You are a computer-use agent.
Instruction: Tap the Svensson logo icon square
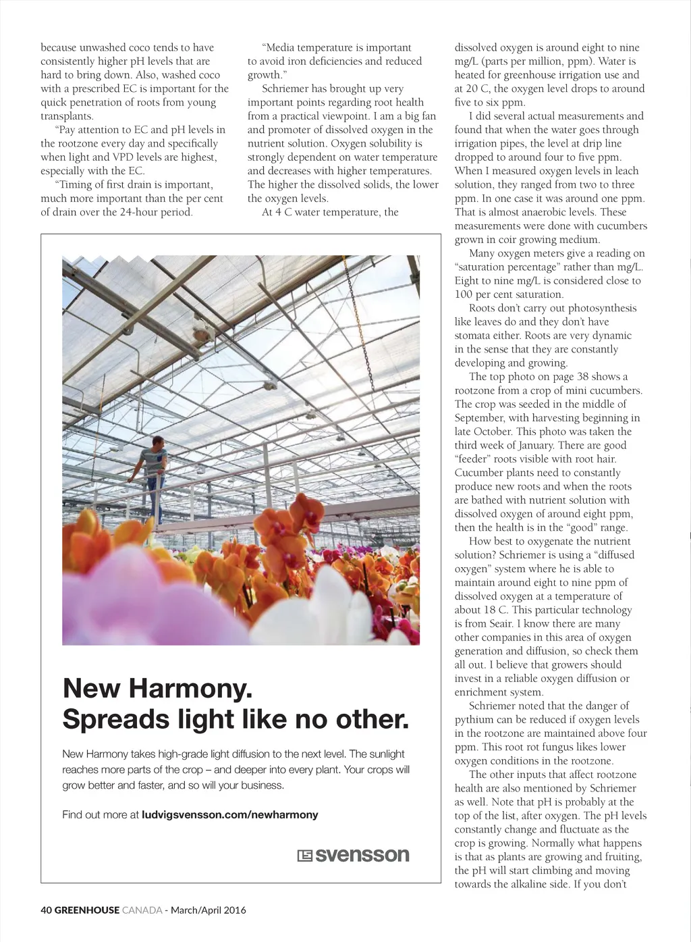[304, 856]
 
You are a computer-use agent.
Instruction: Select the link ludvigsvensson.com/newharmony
[229, 814]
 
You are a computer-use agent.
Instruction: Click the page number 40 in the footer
[46, 910]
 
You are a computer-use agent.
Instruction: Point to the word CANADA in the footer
[142, 910]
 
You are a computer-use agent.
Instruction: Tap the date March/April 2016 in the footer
[209, 910]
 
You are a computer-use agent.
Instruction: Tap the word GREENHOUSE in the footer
[87, 910]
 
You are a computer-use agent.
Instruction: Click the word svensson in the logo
[362, 855]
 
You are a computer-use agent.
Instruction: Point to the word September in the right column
[480, 418]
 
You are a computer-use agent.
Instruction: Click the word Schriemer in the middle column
[286, 88]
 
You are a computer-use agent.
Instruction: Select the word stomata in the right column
[474, 336]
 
